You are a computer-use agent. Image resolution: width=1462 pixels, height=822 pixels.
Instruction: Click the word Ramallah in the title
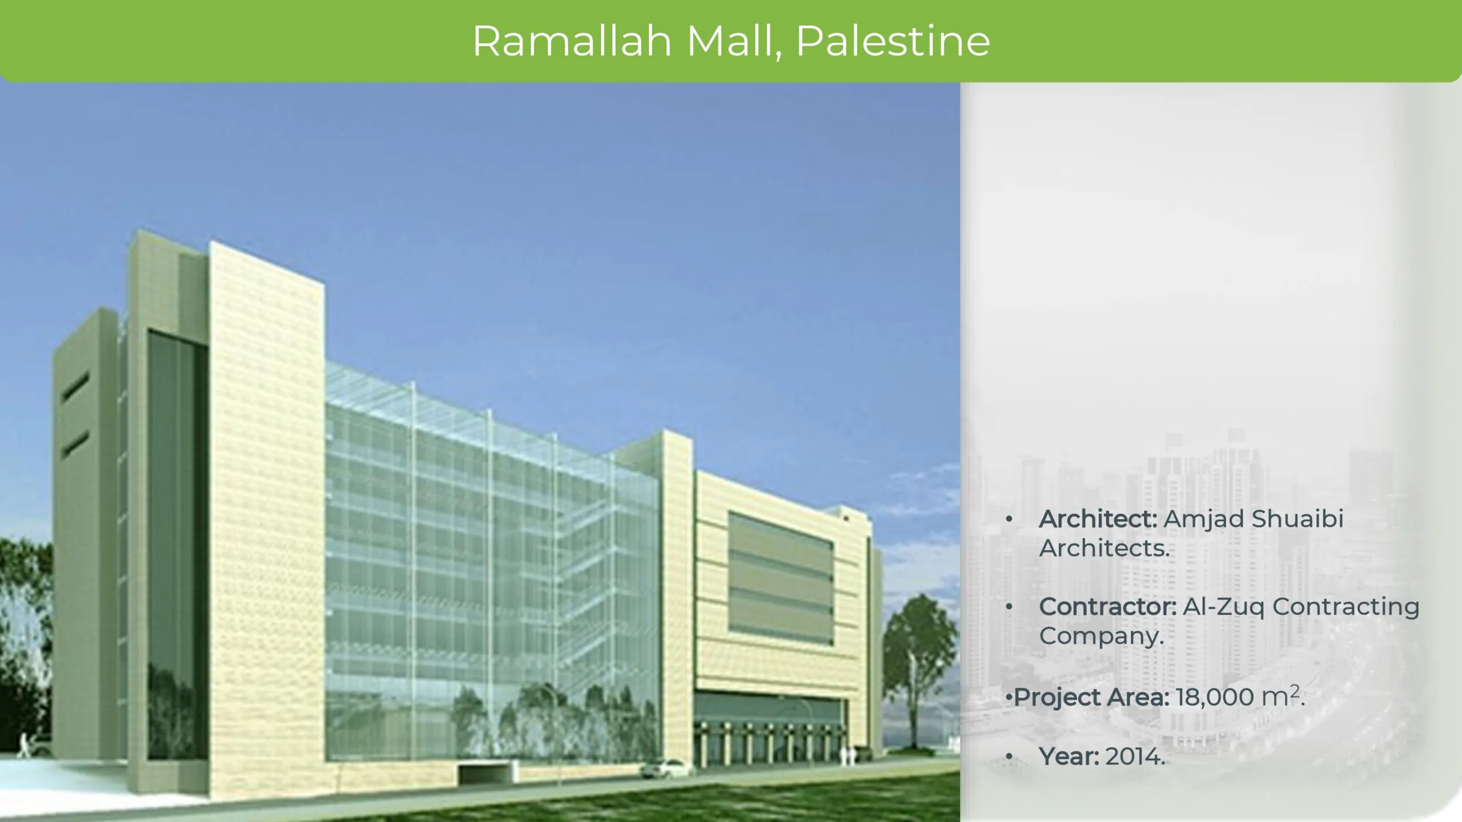(572, 41)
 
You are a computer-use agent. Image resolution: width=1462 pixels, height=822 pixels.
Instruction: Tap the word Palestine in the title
(893, 41)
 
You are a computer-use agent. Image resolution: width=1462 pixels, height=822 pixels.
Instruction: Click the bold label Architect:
(1098, 519)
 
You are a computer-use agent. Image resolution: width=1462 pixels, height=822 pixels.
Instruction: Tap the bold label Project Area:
(1091, 697)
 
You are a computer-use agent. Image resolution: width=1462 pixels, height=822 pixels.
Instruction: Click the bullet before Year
(1010, 757)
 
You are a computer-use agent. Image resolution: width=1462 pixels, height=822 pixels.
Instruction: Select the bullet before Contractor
(1010, 607)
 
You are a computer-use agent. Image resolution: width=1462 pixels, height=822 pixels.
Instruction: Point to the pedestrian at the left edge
(25, 745)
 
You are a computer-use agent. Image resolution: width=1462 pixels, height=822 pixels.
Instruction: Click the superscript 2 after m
(1295, 691)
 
